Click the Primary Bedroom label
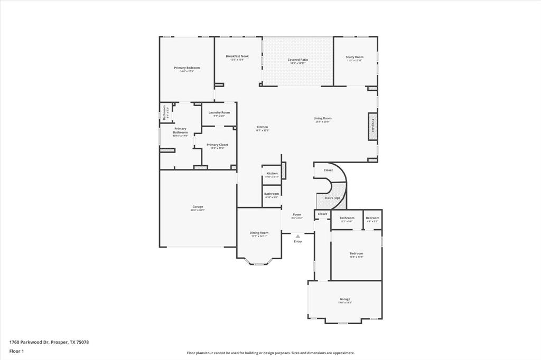point(187,68)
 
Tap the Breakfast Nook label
point(237,56)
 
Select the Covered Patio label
point(297,60)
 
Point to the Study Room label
point(355,57)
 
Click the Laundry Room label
point(219,112)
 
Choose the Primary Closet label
point(217,145)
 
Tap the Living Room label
point(322,118)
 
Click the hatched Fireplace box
point(373,127)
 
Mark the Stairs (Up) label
point(332,197)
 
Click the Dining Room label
point(259,233)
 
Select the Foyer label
point(297,214)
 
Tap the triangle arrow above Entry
point(297,236)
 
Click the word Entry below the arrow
point(298,241)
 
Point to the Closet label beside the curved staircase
point(328,170)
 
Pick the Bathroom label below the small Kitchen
point(272,194)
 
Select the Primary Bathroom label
point(180,130)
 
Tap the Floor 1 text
point(16,350)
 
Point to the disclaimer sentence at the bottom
point(270,353)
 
